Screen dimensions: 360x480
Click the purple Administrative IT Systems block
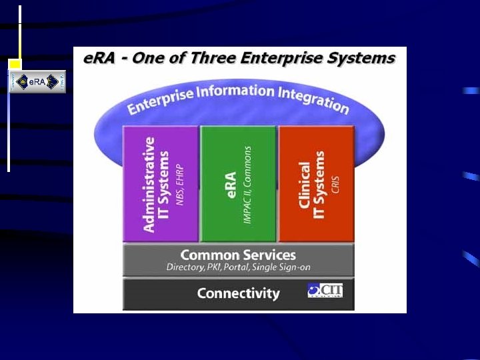click(x=161, y=183)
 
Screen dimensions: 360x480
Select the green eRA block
click(x=238, y=183)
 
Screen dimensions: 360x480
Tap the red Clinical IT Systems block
click(x=316, y=183)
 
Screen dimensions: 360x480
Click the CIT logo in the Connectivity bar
click(x=325, y=291)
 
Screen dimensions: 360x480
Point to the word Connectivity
click(x=238, y=293)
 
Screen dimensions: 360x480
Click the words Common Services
click(x=238, y=255)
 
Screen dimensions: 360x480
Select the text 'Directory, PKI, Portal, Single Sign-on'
click(x=238, y=267)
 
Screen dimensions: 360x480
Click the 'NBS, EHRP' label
click(x=179, y=185)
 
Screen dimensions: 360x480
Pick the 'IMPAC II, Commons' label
click(x=248, y=185)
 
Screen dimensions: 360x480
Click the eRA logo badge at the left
click(x=37, y=81)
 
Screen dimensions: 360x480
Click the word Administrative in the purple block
click(x=150, y=185)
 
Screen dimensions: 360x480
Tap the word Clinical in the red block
click(x=305, y=185)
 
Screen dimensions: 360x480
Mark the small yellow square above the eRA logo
click(x=15, y=64)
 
